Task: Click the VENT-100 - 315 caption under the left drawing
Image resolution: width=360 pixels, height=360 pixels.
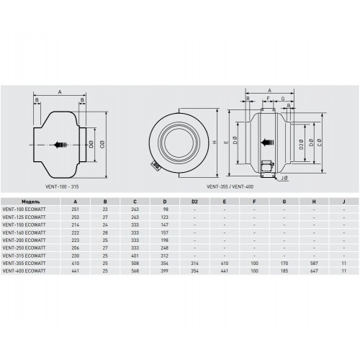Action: coord(62,186)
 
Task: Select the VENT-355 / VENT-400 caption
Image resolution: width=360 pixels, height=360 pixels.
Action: coord(230,186)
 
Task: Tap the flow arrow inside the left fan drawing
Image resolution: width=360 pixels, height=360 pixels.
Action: coord(61,145)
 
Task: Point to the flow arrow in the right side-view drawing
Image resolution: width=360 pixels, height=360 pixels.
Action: coord(267,143)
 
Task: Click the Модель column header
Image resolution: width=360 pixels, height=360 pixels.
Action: coord(31,202)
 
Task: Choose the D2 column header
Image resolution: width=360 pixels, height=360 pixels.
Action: coord(194,202)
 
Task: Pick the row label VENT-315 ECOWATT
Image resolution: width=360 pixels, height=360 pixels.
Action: coord(24,256)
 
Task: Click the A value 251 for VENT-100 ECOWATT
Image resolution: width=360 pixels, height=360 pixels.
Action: coord(76,210)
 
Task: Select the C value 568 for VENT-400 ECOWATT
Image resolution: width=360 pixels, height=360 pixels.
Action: coord(135,271)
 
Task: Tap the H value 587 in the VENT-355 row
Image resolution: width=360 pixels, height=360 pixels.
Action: coord(314,264)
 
